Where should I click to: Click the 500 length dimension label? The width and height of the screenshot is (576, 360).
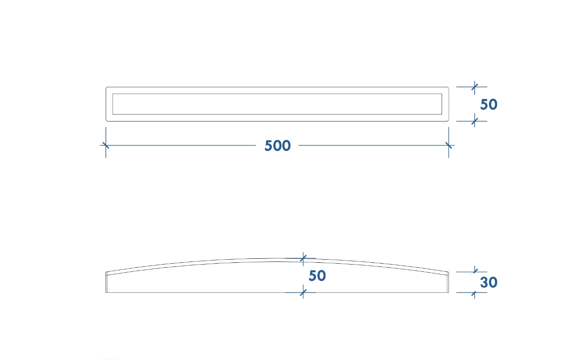tap(278, 146)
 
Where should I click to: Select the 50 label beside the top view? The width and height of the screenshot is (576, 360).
tap(489, 104)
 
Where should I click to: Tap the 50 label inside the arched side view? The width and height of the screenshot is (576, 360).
tap(317, 276)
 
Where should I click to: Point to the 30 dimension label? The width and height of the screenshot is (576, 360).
tap(489, 282)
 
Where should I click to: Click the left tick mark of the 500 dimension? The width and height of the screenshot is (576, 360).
tap(106, 145)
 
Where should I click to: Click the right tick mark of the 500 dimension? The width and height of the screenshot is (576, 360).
tap(449, 145)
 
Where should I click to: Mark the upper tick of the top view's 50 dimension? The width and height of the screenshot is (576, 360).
tap(475, 87)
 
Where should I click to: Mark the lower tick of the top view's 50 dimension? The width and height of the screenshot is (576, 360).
tap(475, 121)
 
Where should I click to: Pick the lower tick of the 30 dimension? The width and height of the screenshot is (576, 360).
tap(475, 292)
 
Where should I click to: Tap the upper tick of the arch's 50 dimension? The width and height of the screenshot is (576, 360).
tap(303, 258)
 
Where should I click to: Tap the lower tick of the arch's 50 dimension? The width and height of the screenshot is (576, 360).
tap(303, 292)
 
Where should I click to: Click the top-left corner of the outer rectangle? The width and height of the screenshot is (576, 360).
tap(106, 87)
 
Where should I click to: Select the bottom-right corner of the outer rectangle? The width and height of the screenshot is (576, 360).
tap(449, 121)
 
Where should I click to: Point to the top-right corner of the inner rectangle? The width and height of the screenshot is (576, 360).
tap(442, 94)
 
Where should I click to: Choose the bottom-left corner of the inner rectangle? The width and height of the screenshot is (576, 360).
tap(112, 114)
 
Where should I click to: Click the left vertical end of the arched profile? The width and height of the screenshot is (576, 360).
tap(106, 282)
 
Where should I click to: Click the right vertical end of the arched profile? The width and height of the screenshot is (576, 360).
tap(448, 282)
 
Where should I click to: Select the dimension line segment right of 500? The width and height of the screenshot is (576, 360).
tap(377, 145)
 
